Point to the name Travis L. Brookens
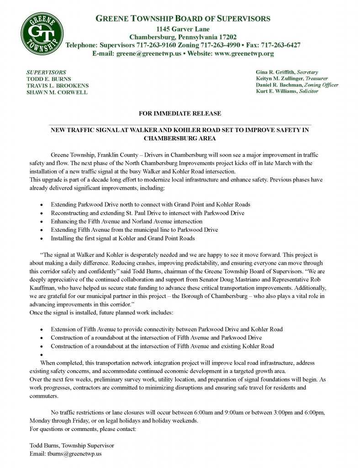click(58, 85)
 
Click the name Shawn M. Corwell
click(57, 92)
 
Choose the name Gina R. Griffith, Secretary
click(287, 72)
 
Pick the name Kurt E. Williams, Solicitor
click(287, 91)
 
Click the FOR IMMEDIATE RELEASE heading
click(180, 113)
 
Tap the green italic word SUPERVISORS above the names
click(46, 72)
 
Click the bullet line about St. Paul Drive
click(147, 213)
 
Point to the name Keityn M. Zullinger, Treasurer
click(291, 79)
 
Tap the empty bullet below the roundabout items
click(42, 355)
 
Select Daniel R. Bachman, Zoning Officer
click(297, 85)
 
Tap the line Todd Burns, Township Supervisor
click(72, 445)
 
